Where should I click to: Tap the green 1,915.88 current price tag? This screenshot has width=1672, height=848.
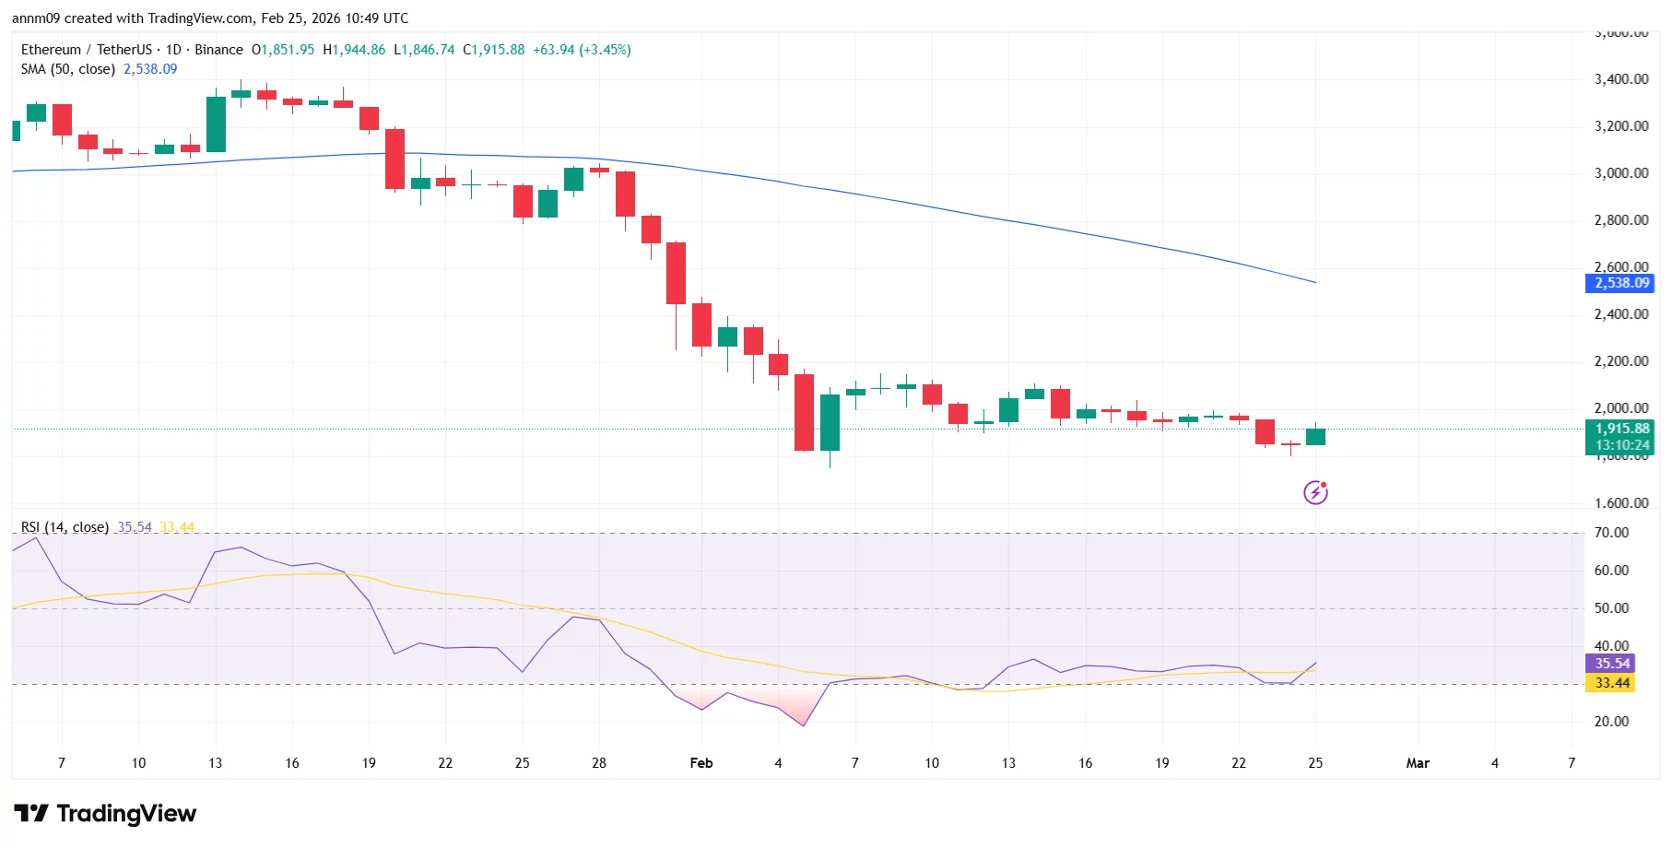point(1620,429)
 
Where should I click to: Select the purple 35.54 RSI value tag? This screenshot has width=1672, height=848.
point(1611,664)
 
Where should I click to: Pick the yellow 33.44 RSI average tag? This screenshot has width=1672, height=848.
point(1611,683)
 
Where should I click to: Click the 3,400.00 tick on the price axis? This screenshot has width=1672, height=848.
point(1620,79)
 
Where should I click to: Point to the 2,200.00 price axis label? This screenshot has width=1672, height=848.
point(1620,361)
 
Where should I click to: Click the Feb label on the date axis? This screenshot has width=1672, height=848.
point(701,763)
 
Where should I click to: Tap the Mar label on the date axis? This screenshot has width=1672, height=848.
point(1417,763)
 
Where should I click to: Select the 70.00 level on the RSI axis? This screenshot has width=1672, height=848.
point(1611,533)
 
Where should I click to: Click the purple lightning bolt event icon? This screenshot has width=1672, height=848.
point(1315,492)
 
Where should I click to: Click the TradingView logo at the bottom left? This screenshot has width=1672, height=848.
point(105,813)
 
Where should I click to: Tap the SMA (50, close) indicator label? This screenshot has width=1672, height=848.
point(67,69)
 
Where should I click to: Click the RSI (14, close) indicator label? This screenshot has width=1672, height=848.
point(65,527)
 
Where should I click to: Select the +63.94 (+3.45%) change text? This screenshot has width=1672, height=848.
point(582,50)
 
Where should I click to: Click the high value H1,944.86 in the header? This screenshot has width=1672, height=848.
point(354,50)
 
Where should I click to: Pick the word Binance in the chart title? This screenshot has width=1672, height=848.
point(218,50)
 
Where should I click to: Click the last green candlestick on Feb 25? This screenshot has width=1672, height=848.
point(1315,437)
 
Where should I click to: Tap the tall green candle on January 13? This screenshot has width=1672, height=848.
point(216,124)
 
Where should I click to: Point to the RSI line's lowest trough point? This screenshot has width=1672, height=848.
point(804,725)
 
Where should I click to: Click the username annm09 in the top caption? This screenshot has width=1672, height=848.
point(35,18)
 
